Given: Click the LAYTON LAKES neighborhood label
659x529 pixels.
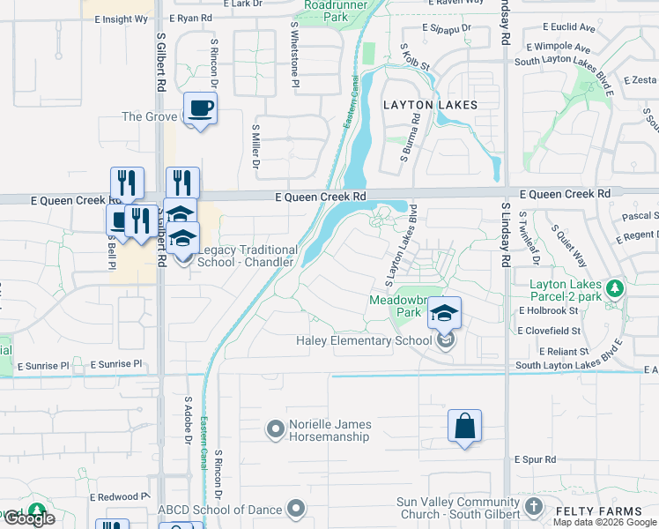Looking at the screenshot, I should [x=430, y=105].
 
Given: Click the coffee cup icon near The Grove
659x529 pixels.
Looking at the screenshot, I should [x=201, y=108].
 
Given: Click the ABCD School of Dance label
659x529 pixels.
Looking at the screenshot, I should [x=219, y=509].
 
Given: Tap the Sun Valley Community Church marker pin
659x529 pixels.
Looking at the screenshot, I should [x=533, y=506].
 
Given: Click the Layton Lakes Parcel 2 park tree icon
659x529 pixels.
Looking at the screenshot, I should [x=616, y=287].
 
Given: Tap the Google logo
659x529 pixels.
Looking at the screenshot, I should [x=29, y=518].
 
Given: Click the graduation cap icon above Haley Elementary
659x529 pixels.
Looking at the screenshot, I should [x=445, y=313].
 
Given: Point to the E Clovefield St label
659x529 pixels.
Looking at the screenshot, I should [x=550, y=330].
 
